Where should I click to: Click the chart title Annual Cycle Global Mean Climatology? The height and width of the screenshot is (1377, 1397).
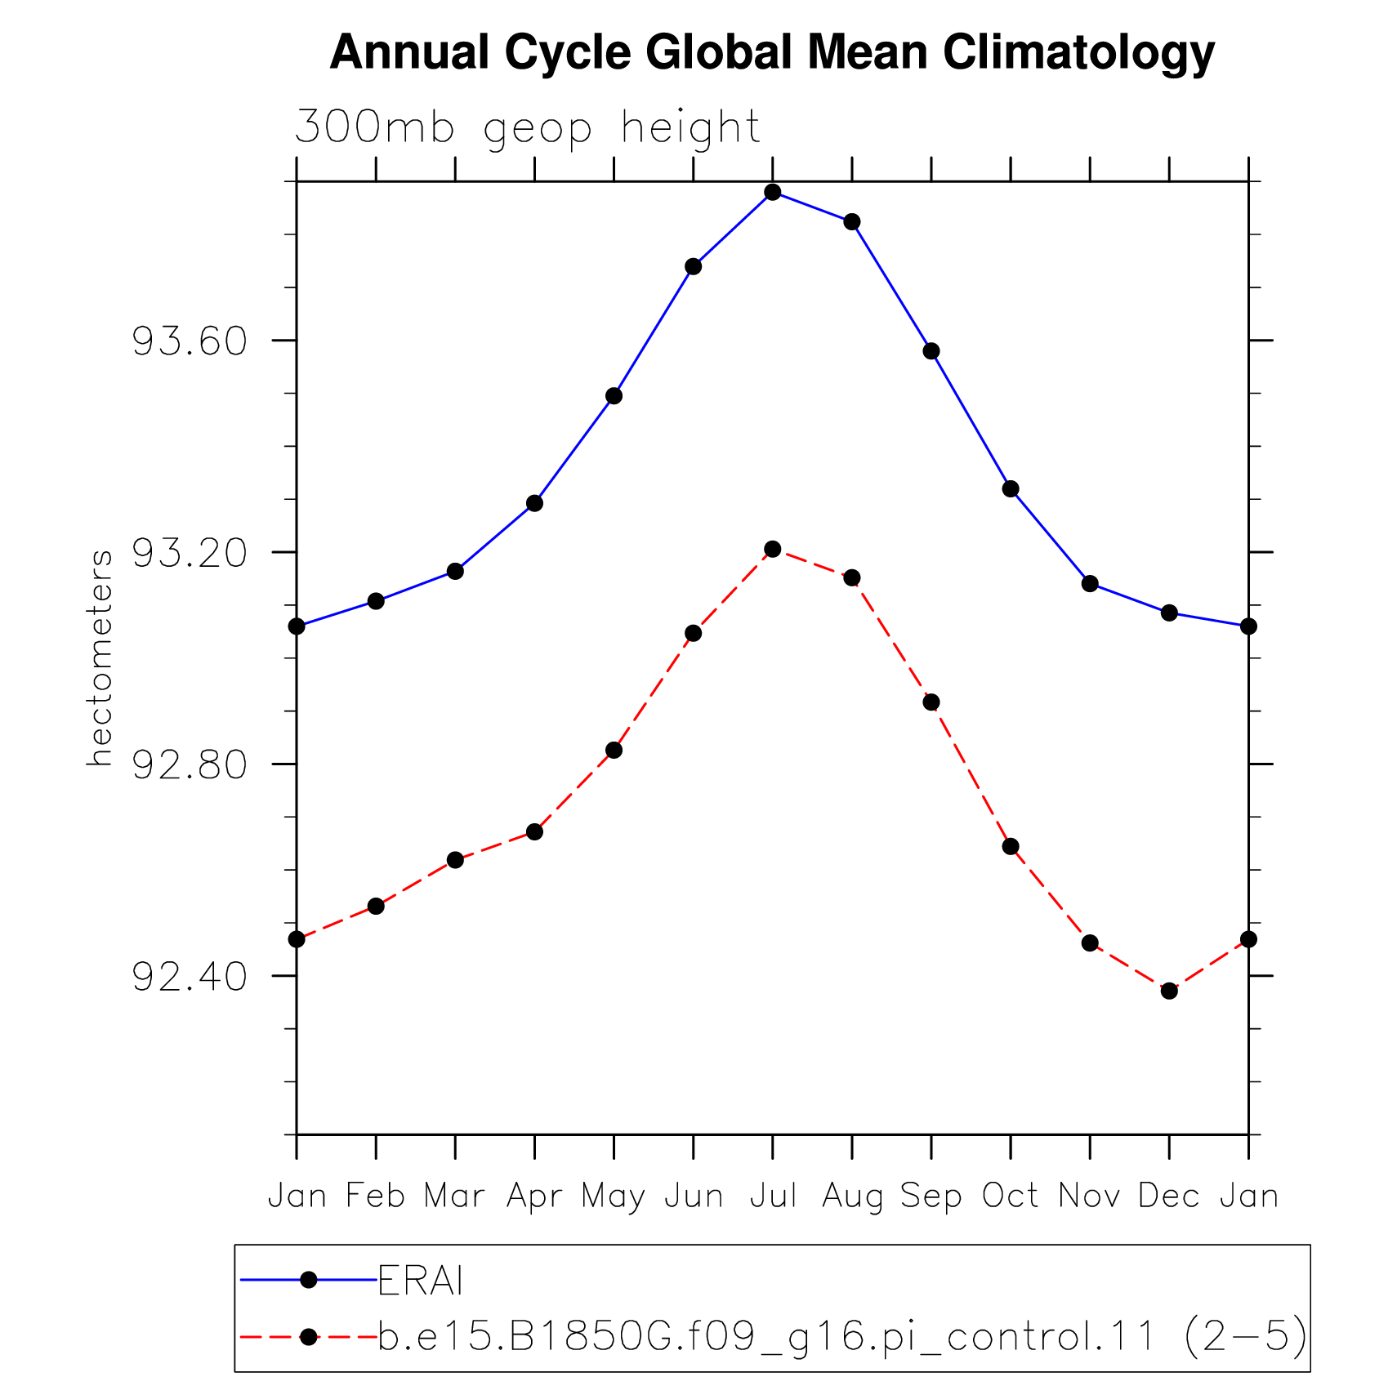click(772, 53)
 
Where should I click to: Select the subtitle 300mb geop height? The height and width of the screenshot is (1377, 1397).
click(528, 128)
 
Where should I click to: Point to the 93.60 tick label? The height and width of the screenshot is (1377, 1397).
click(190, 341)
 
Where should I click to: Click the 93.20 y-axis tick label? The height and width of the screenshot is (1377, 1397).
click(190, 553)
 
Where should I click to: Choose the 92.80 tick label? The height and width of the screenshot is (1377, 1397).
click(190, 764)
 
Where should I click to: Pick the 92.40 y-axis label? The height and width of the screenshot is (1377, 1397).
click(190, 976)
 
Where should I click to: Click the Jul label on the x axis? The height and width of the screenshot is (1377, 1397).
click(773, 1196)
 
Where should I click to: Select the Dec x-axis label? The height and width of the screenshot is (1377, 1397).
click(1169, 1196)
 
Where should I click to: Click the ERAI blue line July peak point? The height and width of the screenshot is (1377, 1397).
click(773, 193)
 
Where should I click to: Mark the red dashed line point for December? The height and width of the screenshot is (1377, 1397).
click(1169, 991)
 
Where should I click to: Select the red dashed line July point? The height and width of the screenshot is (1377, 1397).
click(773, 549)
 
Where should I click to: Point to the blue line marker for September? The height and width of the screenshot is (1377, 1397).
click(931, 351)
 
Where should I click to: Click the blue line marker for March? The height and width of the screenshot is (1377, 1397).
click(455, 571)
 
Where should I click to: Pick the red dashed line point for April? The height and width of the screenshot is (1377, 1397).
click(534, 831)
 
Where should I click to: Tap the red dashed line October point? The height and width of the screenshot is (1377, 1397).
click(1011, 846)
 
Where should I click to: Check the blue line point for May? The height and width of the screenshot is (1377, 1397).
click(614, 396)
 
